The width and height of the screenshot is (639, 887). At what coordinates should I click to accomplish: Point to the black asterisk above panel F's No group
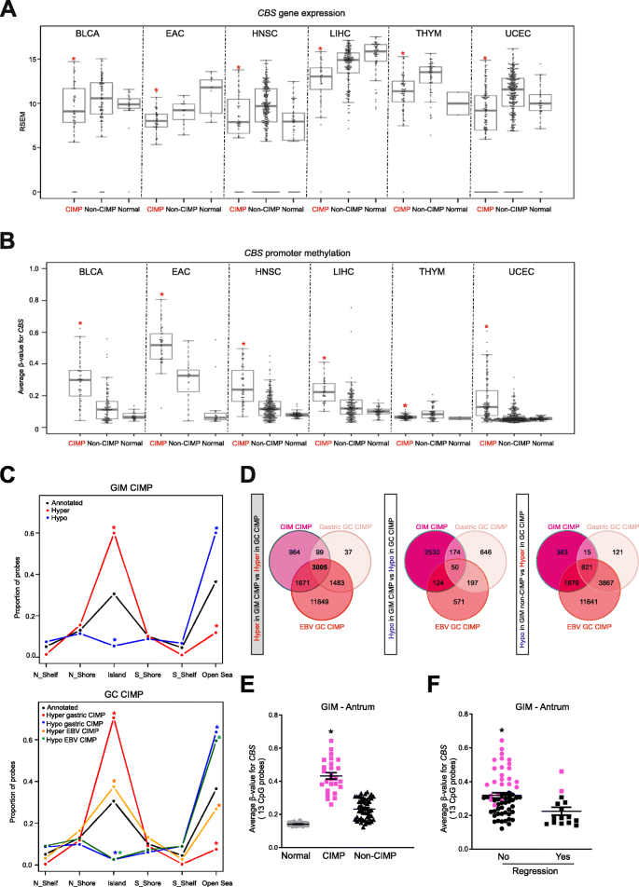click(x=502, y=704)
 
